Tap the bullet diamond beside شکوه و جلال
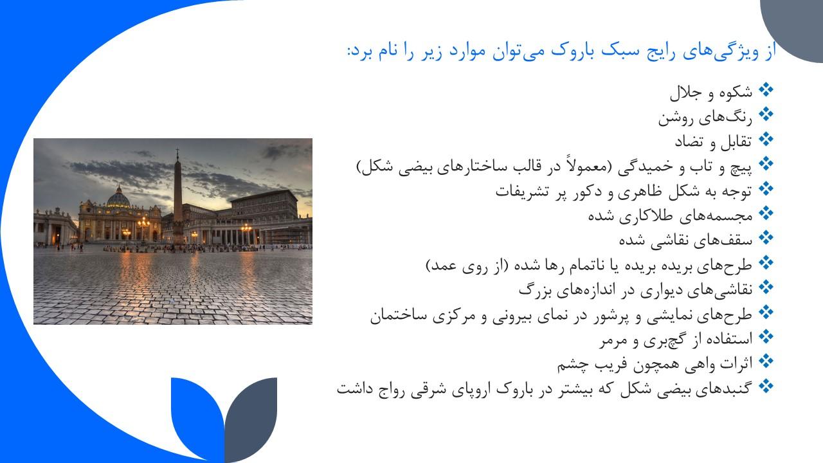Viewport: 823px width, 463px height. (x=766, y=90)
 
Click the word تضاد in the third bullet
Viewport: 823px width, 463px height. (x=689, y=142)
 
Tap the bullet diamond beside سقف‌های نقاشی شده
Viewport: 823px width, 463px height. (x=766, y=238)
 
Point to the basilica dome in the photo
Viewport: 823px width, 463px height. (x=118, y=197)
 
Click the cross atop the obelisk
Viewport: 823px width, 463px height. (x=177, y=153)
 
